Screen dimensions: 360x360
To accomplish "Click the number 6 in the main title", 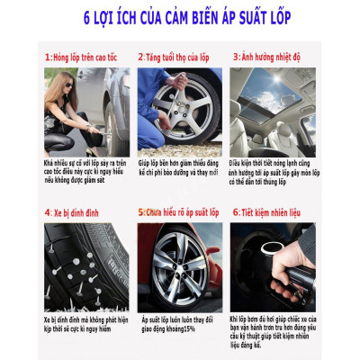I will pos(87,17).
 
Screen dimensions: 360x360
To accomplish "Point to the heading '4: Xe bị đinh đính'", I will pos(72,213).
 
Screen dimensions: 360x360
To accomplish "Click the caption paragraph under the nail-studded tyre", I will pos(85,324).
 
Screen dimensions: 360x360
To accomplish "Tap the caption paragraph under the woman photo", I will pos(85,167).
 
